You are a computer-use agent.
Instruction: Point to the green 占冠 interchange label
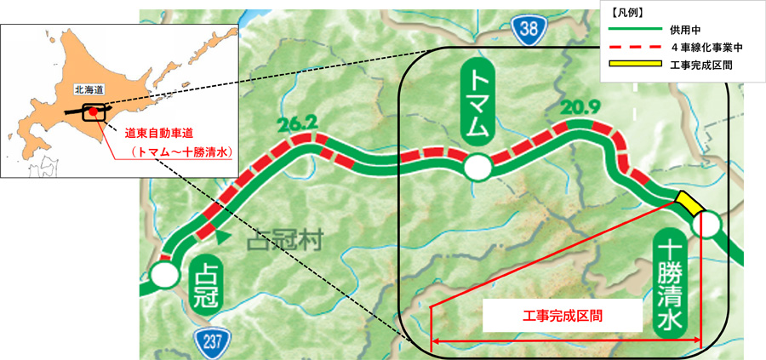point(208,286)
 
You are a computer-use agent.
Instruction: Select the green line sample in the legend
point(634,31)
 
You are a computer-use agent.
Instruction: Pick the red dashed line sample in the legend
point(634,47)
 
